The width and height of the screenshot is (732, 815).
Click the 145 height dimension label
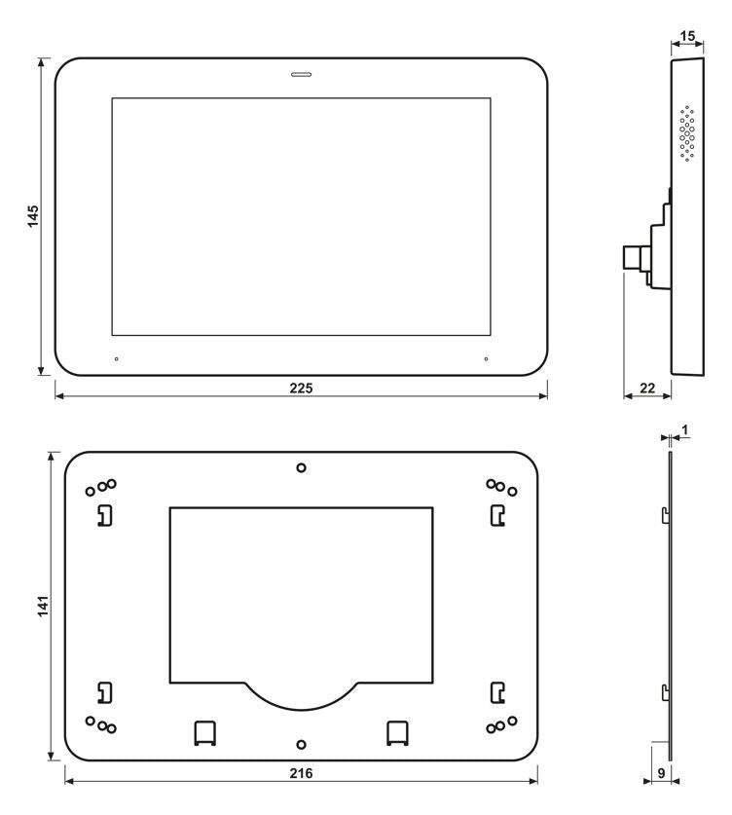[x=33, y=216]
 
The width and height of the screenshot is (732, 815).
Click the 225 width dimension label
[x=301, y=388]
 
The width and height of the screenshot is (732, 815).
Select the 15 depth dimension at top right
[x=687, y=36]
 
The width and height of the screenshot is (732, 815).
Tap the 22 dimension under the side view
[x=647, y=388]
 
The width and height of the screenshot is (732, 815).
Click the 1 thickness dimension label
[x=685, y=429]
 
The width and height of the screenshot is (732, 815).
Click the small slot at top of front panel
[x=301, y=73]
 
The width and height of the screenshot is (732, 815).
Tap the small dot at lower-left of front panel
[x=117, y=359]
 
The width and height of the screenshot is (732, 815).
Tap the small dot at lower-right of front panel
[x=486, y=359]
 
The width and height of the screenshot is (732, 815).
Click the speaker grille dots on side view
[x=687, y=133]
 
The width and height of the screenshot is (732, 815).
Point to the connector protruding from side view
[x=636, y=258]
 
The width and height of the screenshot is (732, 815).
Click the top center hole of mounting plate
[x=301, y=467]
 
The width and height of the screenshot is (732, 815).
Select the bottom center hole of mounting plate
[x=301, y=744]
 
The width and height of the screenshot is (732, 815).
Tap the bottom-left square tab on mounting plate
[x=204, y=732]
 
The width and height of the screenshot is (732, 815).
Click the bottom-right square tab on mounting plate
[x=397, y=732]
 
